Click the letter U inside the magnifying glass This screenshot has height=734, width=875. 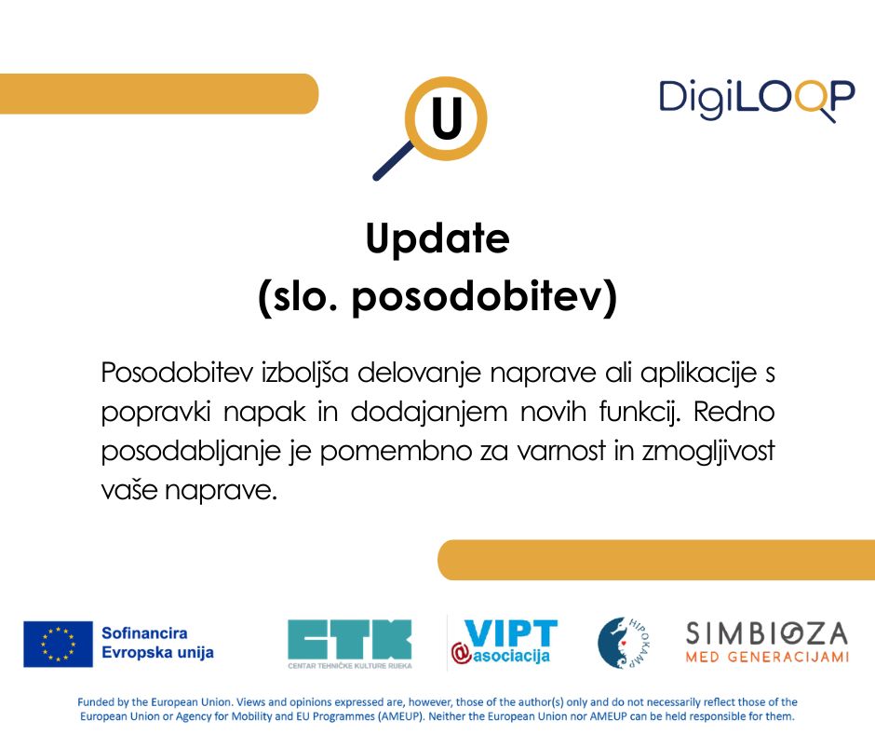(x=447, y=118)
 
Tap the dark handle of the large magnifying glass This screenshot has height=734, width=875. (x=393, y=161)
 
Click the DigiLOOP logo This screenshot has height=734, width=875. (x=757, y=100)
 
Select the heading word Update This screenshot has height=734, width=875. (x=437, y=238)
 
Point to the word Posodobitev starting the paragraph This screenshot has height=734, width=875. (x=177, y=373)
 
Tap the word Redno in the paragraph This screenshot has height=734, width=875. (x=734, y=413)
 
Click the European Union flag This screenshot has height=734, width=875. (x=58, y=644)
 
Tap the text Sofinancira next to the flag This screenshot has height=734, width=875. (x=144, y=633)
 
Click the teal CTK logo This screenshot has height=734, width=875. (x=350, y=644)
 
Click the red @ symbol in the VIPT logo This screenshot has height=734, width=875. (x=462, y=654)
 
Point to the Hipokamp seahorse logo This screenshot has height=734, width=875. (x=624, y=643)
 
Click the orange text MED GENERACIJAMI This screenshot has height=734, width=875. (x=767, y=657)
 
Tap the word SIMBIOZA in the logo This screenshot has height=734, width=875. (x=767, y=633)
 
